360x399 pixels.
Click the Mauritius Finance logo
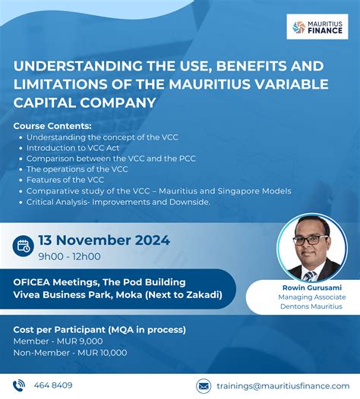click(x=317, y=26)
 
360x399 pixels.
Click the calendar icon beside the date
click(x=22, y=244)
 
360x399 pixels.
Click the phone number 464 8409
click(x=53, y=385)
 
